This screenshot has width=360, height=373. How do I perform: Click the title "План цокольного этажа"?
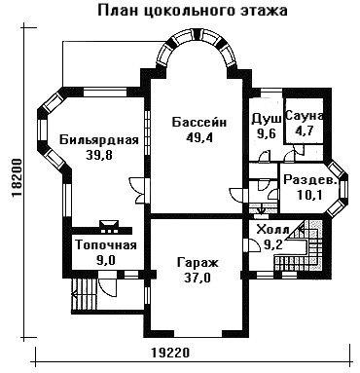[193, 11]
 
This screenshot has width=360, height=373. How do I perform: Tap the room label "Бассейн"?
[199, 123]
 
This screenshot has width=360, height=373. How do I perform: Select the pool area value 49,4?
[198, 138]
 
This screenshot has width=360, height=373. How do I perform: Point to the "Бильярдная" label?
[99, 140]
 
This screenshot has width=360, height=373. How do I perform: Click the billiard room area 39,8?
[99, 156]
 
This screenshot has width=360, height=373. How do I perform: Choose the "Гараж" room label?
[198, 263]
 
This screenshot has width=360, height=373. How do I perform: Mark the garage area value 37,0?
[198, 279]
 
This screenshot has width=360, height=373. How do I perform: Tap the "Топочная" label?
[106, 245]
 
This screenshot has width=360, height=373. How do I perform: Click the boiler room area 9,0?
[106, 261]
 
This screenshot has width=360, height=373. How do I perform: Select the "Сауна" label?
[305, 117]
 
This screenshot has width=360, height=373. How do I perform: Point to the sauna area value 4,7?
[304, 131]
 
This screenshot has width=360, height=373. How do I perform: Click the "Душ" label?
[267, 120]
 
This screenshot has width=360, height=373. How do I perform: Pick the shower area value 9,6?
[266, 133]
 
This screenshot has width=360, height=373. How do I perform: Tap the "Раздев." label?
[309, 180]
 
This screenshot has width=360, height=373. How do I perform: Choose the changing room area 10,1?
[309, 195]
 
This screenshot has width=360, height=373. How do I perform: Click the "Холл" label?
[272, 230]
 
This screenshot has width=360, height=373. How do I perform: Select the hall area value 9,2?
[272, 244]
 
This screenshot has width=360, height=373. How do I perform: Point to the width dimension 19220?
[170, 353]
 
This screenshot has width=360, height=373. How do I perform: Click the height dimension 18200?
[17, 178]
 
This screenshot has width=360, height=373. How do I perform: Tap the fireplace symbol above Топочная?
[109, 227]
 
